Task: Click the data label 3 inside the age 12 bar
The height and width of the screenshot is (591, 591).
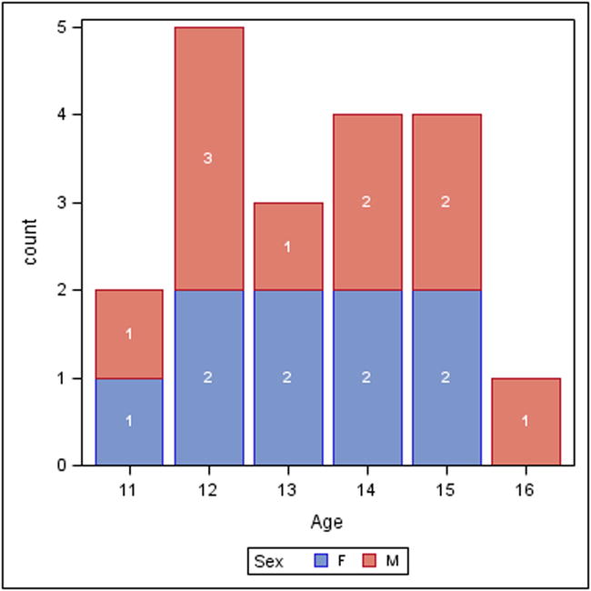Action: [208, 159]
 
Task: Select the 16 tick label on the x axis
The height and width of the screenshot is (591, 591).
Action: [526, 488]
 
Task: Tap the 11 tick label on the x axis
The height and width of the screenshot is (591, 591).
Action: [129, 488]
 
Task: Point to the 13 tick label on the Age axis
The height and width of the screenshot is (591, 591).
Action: [287, 488]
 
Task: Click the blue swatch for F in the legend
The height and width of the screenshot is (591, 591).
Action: [319, 562]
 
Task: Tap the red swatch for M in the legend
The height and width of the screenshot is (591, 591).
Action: [368, 562]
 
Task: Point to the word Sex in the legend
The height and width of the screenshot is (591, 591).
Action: [268, 562]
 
